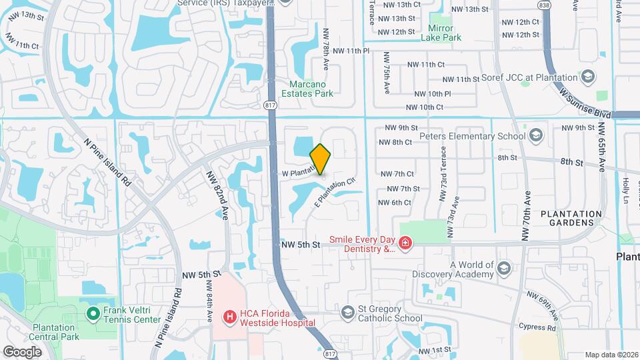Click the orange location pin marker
click(x=321, y=159)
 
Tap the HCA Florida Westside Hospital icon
click(x=229, y=316)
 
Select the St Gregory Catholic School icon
click(x=347, y=312)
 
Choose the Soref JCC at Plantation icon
click(x=587, y=78)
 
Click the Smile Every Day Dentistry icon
click(x=405, y=244)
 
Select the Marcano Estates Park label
click(x=311, y=89)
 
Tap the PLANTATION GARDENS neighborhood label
click(x=571, y=218)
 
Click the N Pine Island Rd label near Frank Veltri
click(x=168, y=317)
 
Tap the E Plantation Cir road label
click(x=333, y=192)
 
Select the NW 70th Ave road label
click(x=528, y=217)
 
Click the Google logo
click(x=22, y=351)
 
